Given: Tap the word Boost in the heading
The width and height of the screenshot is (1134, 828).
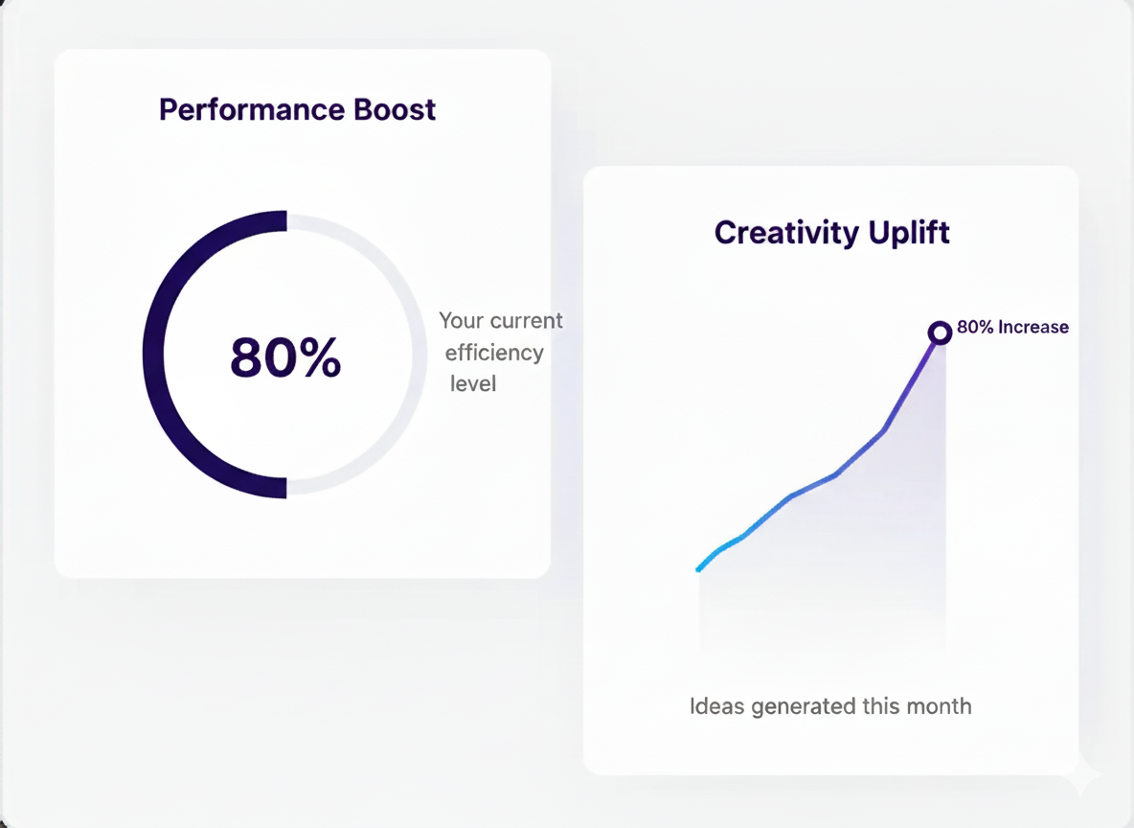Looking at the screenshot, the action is (x=395, y=110).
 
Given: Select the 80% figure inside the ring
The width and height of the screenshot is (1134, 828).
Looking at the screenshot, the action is (x=285, y=356).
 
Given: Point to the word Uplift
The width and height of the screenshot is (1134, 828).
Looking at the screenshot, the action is (x=909, y=233).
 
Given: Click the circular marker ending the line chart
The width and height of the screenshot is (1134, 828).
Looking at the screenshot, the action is (x=940, y=333).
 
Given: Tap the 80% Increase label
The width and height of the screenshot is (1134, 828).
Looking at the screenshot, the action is (x=1012, y=327).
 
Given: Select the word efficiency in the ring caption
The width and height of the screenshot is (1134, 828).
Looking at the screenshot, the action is (x=494, y=353).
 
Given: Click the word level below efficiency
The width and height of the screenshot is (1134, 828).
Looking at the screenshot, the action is (x=473, y=383).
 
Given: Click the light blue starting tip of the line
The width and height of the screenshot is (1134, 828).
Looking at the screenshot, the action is (x=698, y=569).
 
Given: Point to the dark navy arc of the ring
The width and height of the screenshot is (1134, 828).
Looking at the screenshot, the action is (x=153, y=355).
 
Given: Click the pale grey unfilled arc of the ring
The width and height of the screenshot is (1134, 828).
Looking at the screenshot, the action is (x=420, y=355).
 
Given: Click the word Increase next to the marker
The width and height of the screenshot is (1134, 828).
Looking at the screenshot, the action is (x=1033, y=327).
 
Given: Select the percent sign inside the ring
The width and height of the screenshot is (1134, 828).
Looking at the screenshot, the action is (x=322, y=356).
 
